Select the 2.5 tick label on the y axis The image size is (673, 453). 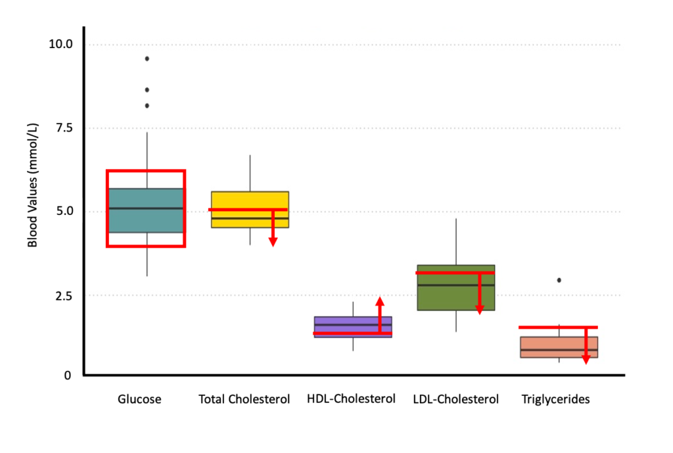[x=63, y=295]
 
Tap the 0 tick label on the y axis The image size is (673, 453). [x=67, y=375]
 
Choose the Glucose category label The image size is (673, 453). [x=139, y=399]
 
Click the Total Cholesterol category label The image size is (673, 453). [x=244, y=399]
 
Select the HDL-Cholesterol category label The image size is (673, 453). [x=351, y=399]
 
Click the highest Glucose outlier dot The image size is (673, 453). [x=147, y=59]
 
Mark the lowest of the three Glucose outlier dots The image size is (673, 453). [x=147, y=105]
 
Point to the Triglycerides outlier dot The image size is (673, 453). [x=559, y=280]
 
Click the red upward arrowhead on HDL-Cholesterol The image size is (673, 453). [x=380, y=302]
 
